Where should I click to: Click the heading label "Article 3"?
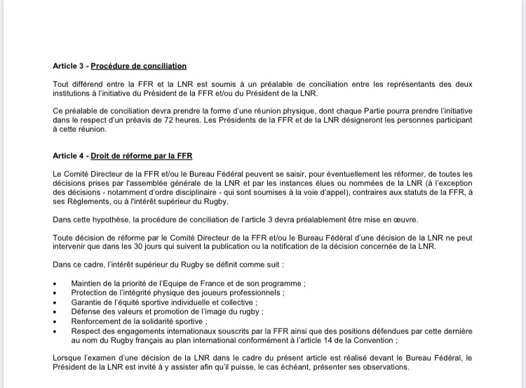(x=69, y=66)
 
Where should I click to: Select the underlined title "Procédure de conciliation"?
(x=139, y=66)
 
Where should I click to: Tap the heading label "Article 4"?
(x=69, y=155)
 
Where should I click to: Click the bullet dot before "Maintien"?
(x=55, y=283)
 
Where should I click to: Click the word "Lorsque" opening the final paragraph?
(x=67, y=359)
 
